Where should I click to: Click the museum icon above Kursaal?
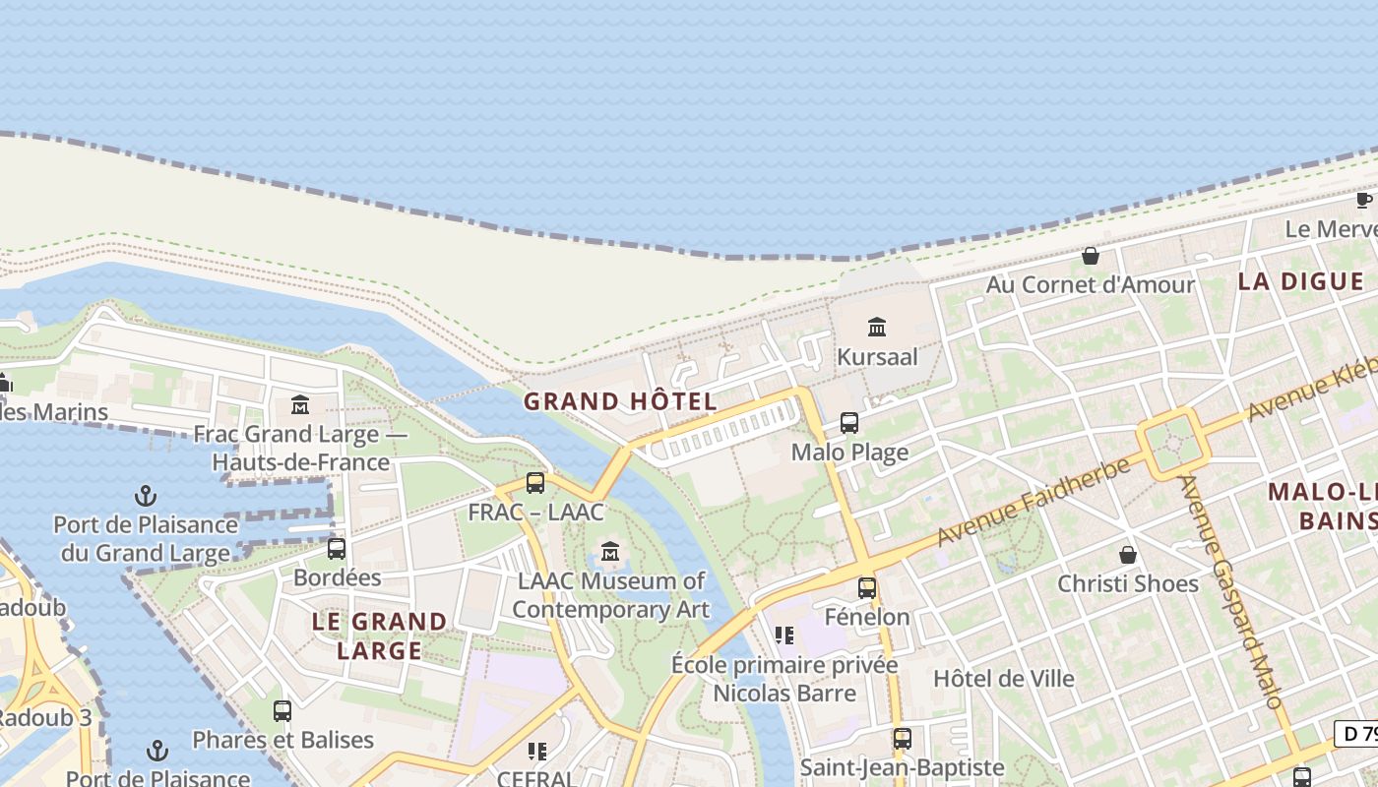point(876,327)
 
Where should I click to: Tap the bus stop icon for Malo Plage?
point(848,423)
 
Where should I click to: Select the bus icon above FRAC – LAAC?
point(534,483)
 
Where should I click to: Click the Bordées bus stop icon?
point(336,548)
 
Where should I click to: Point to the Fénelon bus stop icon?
point(866,587)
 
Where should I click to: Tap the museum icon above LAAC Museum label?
point(610,551)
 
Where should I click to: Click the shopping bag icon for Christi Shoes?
point(1127,555)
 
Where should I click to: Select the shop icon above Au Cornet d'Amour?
point(1091,256)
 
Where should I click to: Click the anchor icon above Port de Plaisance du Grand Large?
point(146,495)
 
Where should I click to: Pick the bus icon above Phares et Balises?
point(282,710)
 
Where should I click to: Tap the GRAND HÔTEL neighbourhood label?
point(620,401)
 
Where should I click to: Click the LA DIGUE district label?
point(1300,281)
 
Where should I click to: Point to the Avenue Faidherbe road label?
point(1033,502)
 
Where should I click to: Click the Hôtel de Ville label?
point(1003,678)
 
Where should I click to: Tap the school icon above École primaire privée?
point(783,636)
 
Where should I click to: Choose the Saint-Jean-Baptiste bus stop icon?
point(902,738)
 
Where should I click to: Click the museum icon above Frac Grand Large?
point(300,404)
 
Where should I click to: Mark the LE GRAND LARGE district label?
point(379,636)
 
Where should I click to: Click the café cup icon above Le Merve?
point(1363,201)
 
